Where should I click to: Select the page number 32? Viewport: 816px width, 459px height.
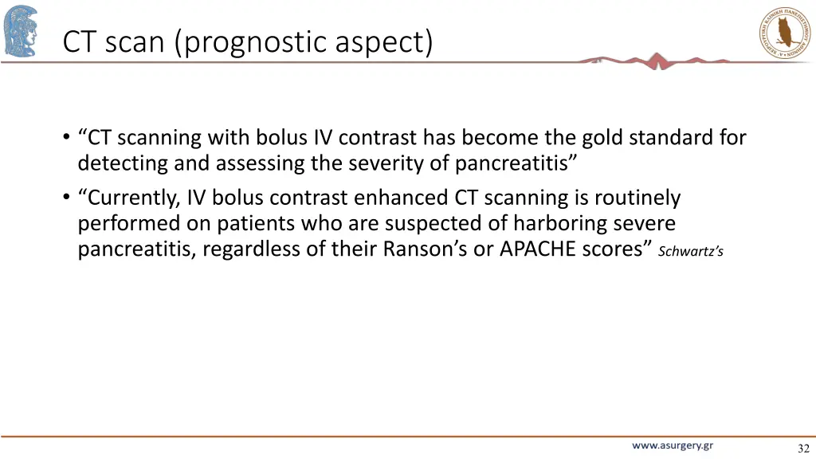click(x=803, y=449)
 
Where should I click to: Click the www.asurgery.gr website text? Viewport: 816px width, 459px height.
click(x=673, y=446)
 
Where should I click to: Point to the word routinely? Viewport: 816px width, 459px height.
click(x=637, y=198)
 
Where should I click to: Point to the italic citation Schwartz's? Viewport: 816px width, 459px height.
click(x=691, y=252)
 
